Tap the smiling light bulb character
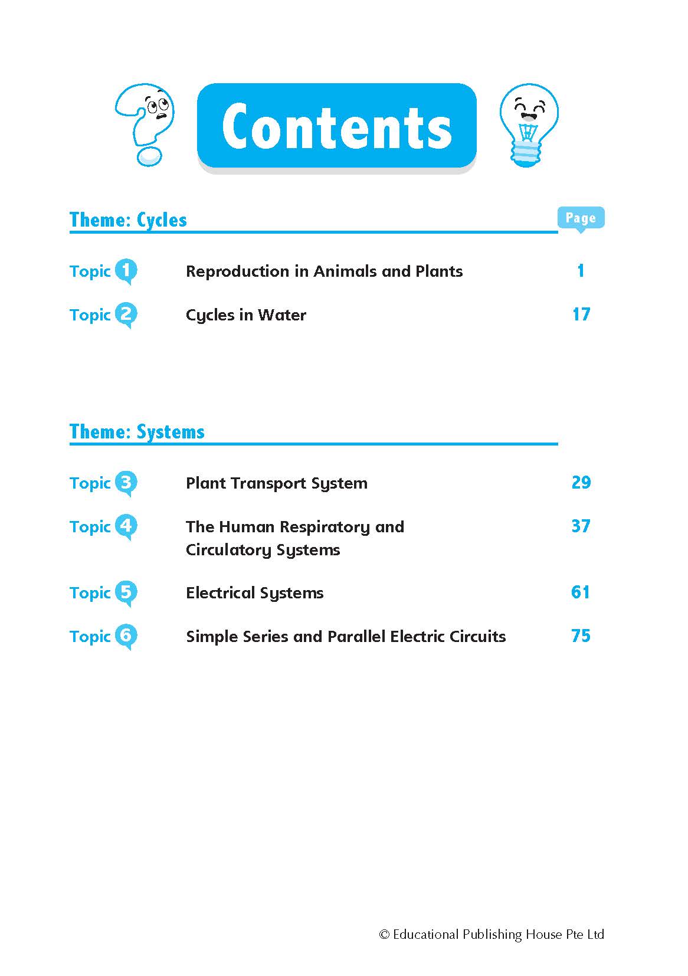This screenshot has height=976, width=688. point(528,124)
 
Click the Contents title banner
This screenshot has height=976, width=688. point(336,126)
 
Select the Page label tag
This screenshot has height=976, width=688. point(581,218)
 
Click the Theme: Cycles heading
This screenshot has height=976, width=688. point(128,220)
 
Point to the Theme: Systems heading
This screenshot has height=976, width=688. point(137,432)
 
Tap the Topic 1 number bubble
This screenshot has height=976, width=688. point(126,271)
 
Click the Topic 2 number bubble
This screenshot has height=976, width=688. point(126,315)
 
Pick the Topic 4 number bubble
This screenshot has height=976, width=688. point(126,526)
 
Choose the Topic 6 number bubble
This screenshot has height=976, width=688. point(126,636)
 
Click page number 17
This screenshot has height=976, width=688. point(581,315)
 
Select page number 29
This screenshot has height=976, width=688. point(581,483)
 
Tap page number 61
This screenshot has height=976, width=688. point(581,592)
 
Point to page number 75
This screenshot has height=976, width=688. point(581,636)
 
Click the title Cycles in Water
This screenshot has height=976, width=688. point(246,315)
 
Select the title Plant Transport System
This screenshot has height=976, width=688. point(276,483)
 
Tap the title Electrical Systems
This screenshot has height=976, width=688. point(254,593)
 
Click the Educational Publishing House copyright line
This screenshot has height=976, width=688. point(492,935)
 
